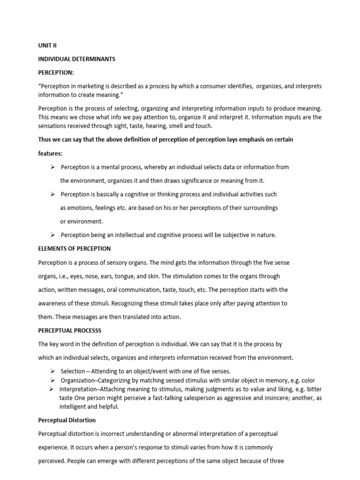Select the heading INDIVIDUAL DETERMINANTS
[x=76, y=60]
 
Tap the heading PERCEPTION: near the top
[x=56, y=73]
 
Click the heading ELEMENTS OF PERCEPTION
[x=75, y=248]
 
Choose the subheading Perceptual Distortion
[x=67, y=420]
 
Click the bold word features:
[x=50, y=153]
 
